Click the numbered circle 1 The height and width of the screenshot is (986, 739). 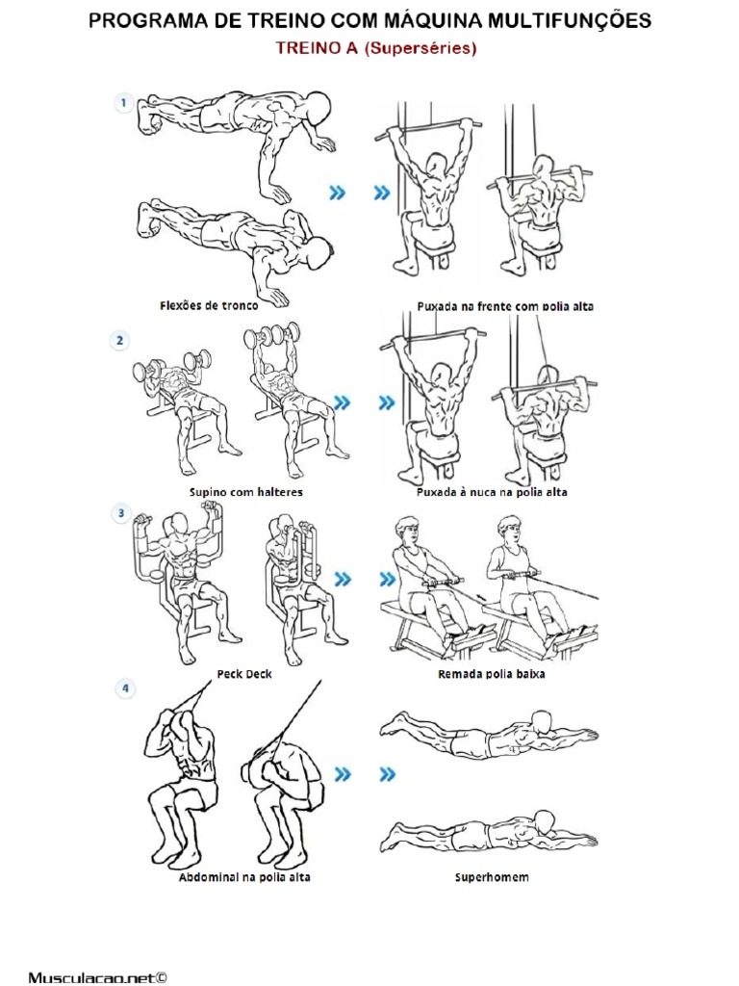[x=123, y=103]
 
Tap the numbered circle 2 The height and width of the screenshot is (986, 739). [x=120, y=341]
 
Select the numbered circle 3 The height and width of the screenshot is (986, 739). [x=121, y=514]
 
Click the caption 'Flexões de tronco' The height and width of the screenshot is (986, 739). [x=209, y=306]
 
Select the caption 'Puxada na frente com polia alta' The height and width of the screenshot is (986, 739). [x=505, y=306]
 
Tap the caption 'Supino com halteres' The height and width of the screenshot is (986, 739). [x=246, y=492]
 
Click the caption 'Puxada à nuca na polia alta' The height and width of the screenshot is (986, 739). [x=492, y=492]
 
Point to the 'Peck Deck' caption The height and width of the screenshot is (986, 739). [x=244, y=674]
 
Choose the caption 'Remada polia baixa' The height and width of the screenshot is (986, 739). [x=492, y=674]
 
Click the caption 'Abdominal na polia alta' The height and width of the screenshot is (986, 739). [x=244, y=877]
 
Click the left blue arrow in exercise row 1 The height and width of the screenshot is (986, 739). [x=337, y=194]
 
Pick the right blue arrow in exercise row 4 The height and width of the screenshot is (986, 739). [x=386, y=773]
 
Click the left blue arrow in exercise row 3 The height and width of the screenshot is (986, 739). [x=341, y=580]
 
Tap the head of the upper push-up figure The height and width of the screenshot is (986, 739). [x=319, y=106]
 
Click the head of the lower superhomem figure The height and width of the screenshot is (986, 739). [x=545, y=821]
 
